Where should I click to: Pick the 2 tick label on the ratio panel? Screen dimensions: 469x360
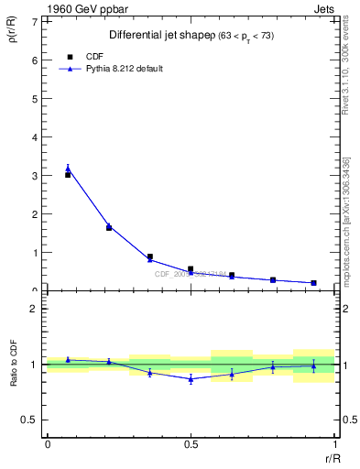(35, 310)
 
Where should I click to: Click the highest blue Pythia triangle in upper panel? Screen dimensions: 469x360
(68, 169)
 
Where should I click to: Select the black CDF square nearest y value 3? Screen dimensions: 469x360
(68, 174)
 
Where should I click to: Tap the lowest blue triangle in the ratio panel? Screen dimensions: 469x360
(191, 378)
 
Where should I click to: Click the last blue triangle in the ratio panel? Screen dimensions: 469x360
(313, 365)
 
